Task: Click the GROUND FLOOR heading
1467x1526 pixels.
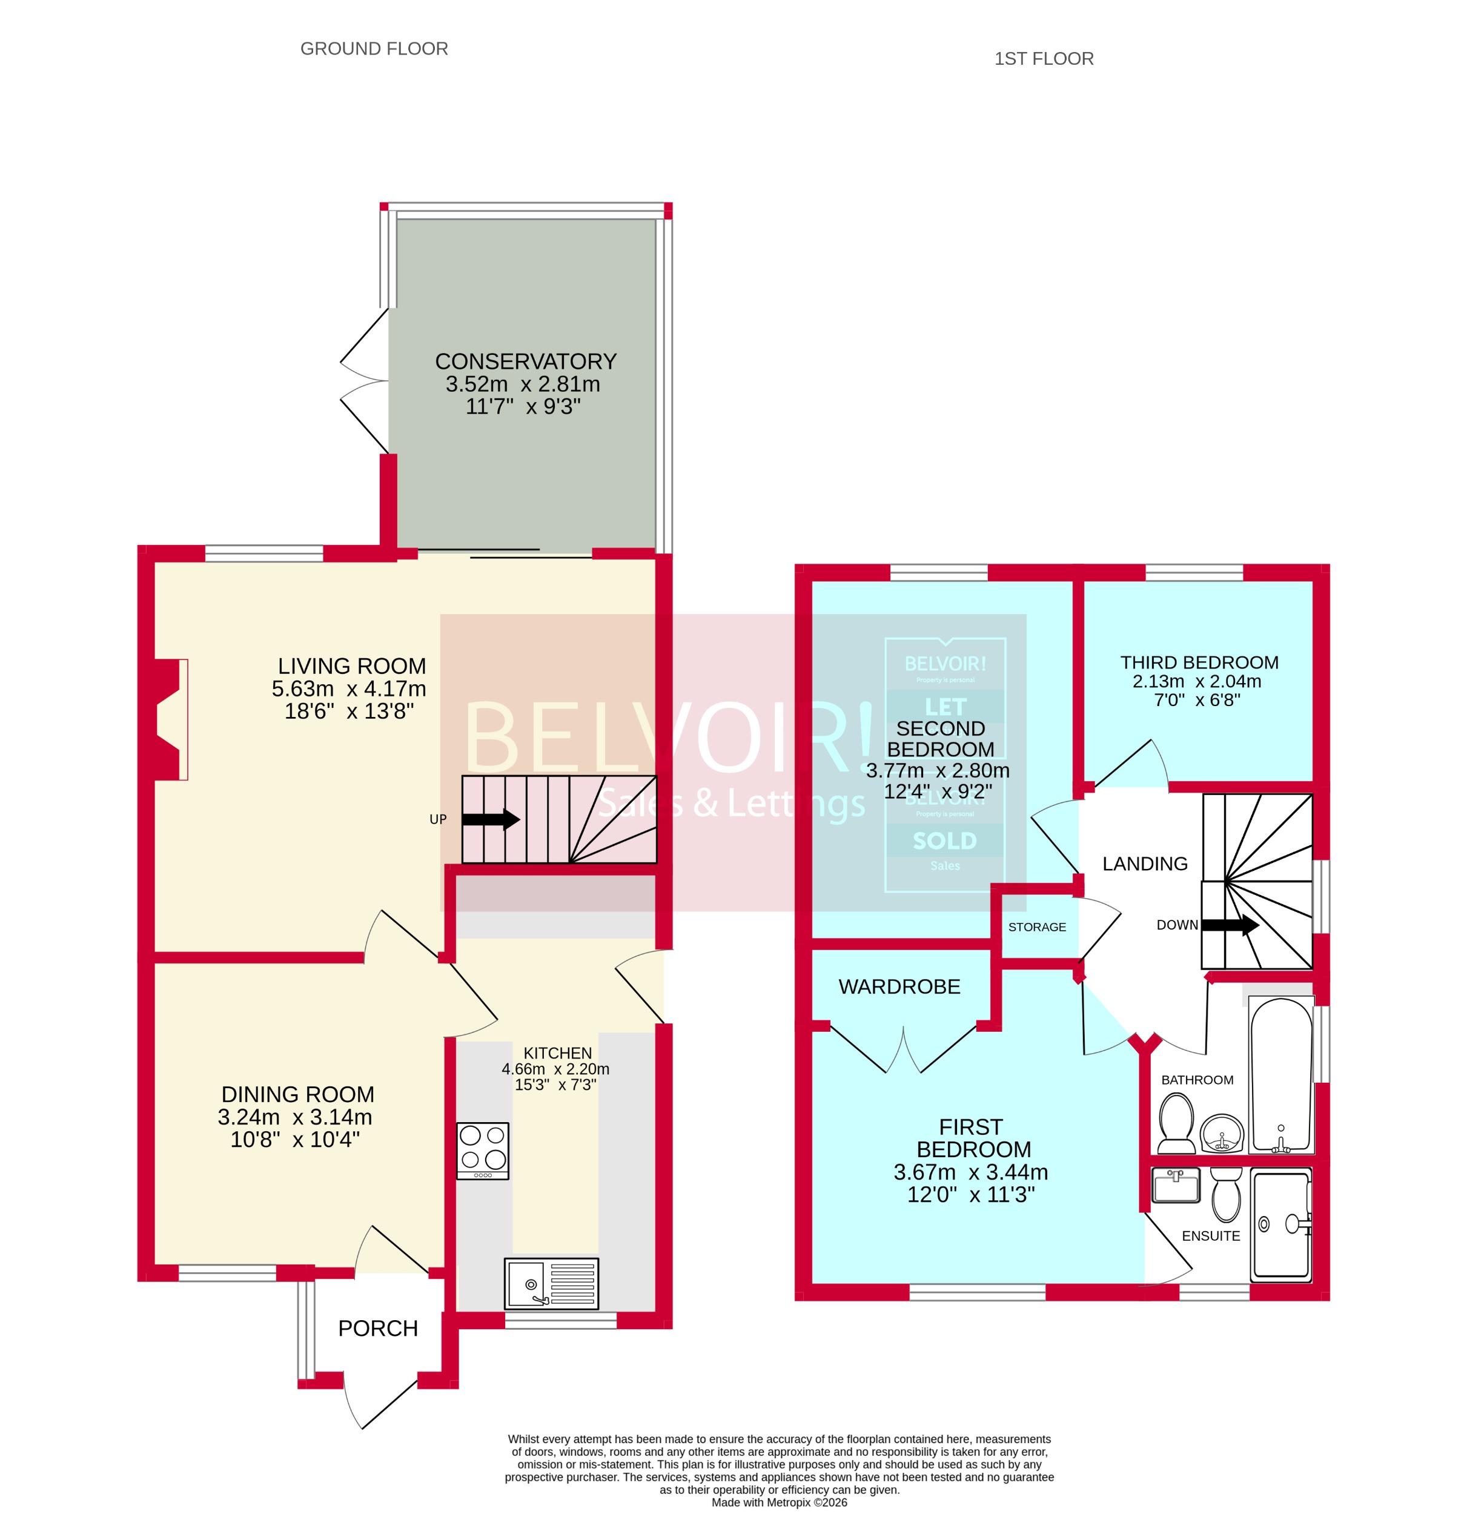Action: (x=374, y=48)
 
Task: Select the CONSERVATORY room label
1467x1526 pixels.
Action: (x=526, y=362)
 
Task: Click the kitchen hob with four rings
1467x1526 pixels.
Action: (x=482, y=1151)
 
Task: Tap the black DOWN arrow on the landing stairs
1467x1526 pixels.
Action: (x=1230, y=925)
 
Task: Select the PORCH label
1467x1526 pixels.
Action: (x=377, y=1328)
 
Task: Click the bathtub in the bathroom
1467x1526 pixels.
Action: (x=1280, y=1074)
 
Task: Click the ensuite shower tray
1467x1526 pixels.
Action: (x=1280, y=1224)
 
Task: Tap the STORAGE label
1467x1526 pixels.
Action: (x=1036, y=926)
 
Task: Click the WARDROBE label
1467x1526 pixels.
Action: (x=899, y=986)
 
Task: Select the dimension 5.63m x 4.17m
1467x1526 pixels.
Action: (x=349, y=689)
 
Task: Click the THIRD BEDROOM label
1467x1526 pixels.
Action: (x=1199, y=662)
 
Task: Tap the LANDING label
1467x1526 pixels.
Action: (x=1145, y=864)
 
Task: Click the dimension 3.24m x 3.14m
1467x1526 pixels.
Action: (x=295, y=1117)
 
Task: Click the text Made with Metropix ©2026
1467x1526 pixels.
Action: (x=779, y=1502)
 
